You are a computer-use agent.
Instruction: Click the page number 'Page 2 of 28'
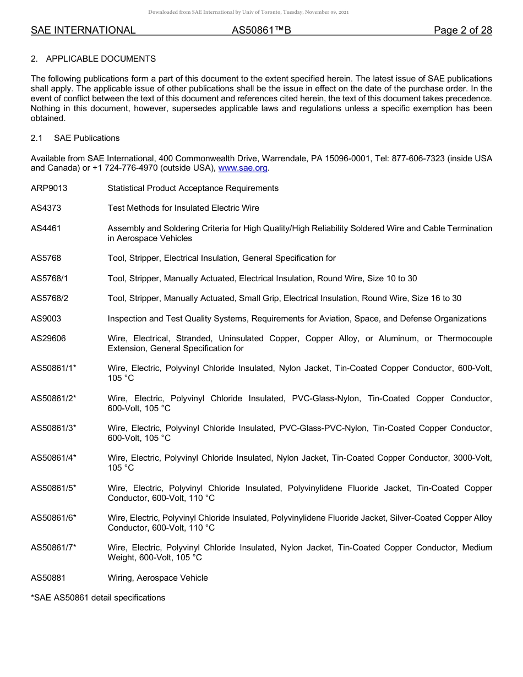tap(462, 30)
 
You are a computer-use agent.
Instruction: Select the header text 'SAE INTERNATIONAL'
tap(83, 30)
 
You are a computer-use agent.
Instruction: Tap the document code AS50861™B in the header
tap(261, 30)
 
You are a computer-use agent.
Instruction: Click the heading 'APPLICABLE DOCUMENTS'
tap(101, 59)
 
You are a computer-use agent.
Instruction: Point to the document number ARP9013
tap(49, 188)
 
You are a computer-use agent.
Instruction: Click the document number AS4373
tap(46, 208)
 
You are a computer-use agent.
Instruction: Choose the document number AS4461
tap(46, 228)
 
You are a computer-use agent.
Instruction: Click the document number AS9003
tap(46, 319)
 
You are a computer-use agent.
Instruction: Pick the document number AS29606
tap(48, 338)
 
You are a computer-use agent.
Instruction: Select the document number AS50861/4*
tap(53, 458)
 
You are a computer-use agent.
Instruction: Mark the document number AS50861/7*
tap(53, 548)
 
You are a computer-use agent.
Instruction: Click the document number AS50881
tap(48, 578)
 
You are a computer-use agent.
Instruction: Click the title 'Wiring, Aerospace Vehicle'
tap(157, 578)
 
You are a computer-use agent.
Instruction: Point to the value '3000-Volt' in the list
tap(475, 458)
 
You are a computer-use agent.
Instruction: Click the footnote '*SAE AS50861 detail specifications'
tap(98, 598)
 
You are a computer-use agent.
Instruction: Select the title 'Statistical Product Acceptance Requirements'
tap(193, 188)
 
